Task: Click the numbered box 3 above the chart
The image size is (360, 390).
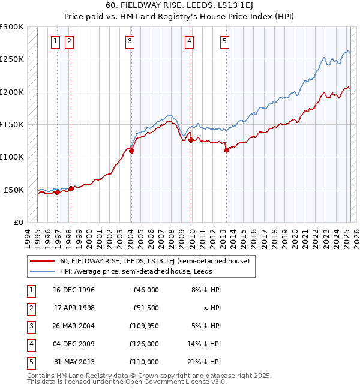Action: pos(130,41)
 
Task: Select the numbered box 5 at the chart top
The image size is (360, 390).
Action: pos(224,41)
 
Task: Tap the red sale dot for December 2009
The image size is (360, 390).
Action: pos(191,140)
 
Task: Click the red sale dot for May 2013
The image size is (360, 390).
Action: pos(226,151)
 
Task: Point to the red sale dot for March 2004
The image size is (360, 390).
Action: pos(131,151)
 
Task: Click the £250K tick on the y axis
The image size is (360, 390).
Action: pos(12,60)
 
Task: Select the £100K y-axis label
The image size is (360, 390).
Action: pos(12,157)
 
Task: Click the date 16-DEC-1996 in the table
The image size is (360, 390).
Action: pos(74,290)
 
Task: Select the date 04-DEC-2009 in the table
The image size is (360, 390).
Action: pos(74,344)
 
